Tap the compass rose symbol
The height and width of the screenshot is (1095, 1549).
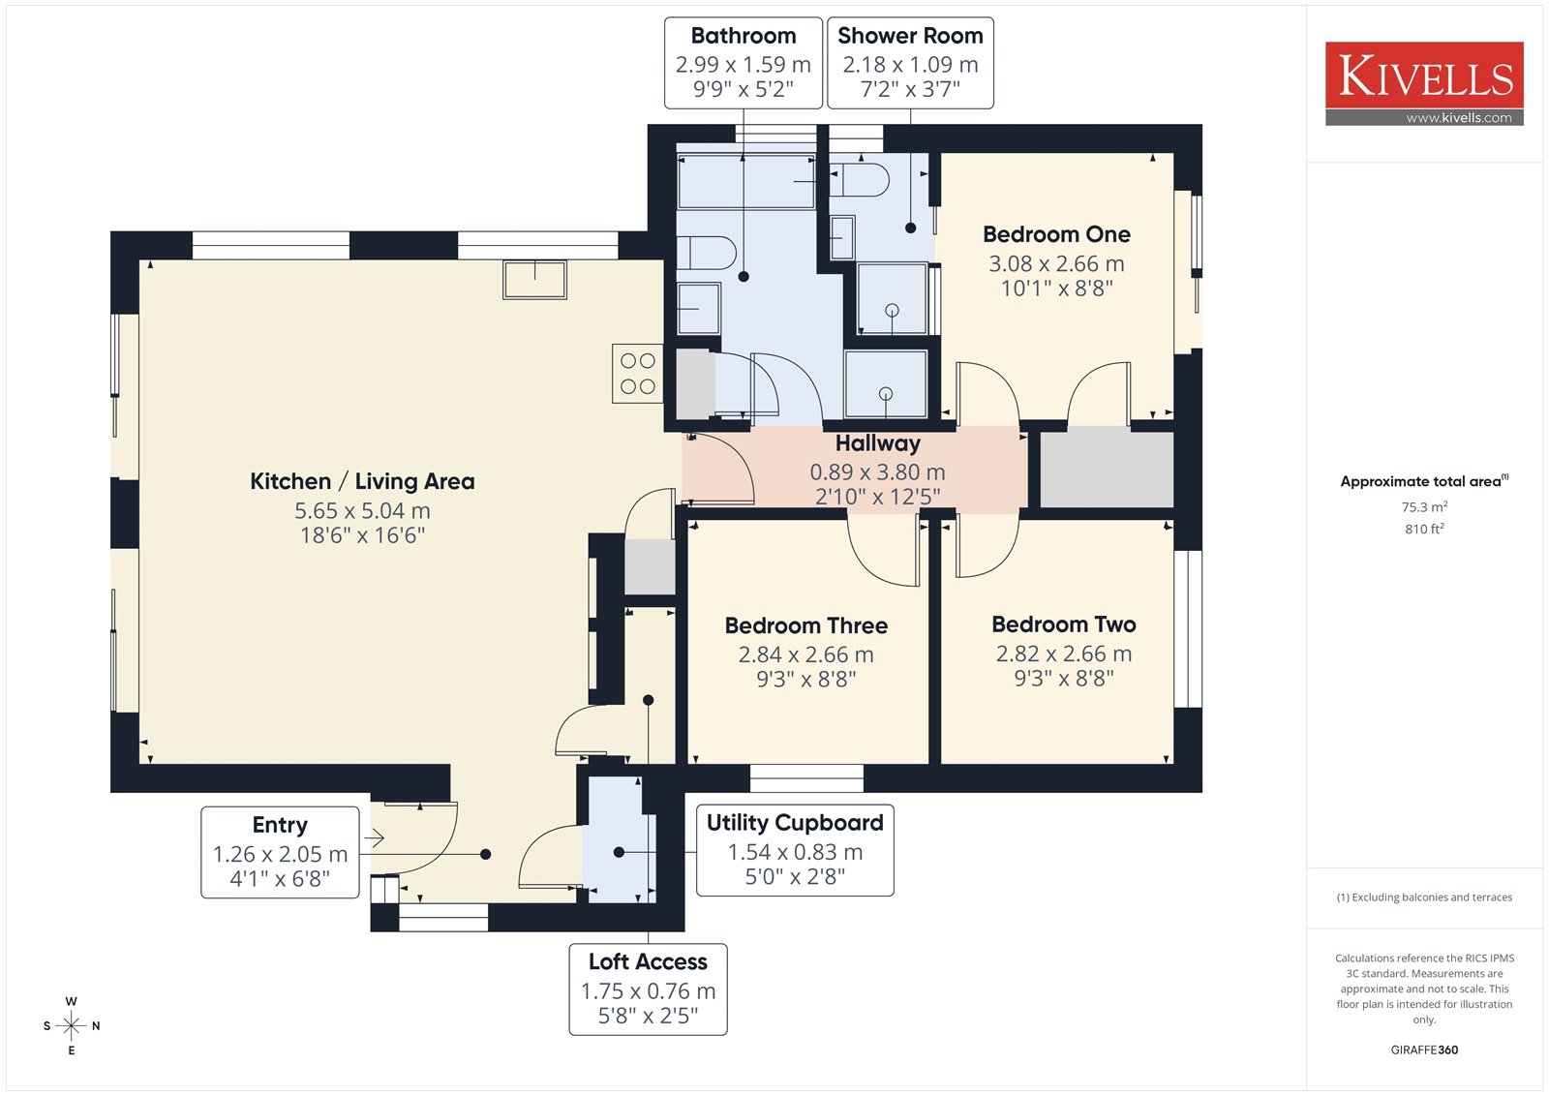click(72, 1025)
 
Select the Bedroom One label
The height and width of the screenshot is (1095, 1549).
click(1056, 234)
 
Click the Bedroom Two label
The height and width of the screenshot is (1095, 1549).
click(1064, 624)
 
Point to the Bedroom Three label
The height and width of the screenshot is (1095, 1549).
click(806, 626)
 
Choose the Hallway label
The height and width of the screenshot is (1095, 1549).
click(877, 443)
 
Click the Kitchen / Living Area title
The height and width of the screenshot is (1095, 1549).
click(362, 481)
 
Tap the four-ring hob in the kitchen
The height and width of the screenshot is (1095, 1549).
click(638, 374)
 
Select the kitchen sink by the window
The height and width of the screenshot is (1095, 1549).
click(534, 280)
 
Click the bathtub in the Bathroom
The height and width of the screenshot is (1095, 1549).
click(746, 181)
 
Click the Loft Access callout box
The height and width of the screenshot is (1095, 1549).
click(648, 989)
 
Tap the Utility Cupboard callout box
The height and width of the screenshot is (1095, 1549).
click(795, 850)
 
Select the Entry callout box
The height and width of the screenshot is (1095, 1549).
click(280, 852)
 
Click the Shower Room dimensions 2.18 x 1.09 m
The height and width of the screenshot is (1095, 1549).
click(910, 64)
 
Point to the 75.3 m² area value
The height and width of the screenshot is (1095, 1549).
click(1424, 507)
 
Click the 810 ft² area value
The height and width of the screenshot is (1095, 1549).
click(1424, 530)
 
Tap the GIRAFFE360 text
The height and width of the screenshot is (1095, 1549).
click(1424, 1050)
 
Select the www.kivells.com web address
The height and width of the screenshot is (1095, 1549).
click(1459, 117)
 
